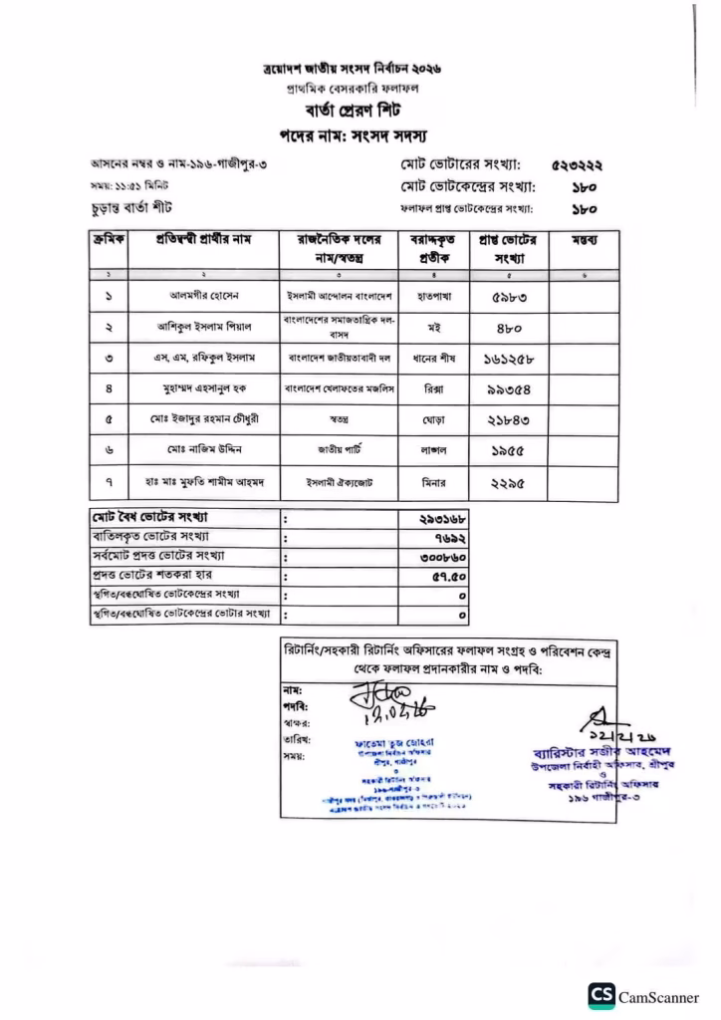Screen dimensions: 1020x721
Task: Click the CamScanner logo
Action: [x=601, y=998]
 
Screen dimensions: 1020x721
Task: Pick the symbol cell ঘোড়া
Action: [x=432, y=419]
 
